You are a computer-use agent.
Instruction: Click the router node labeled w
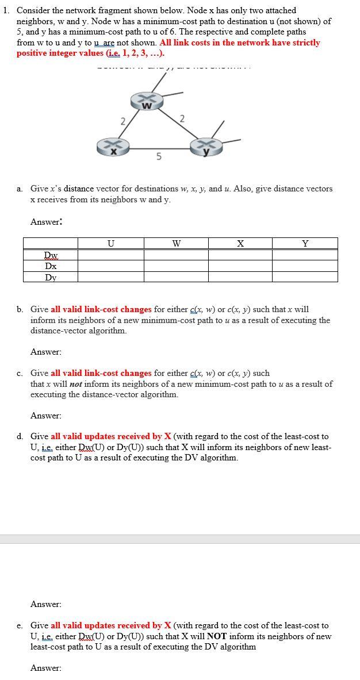(146, 103)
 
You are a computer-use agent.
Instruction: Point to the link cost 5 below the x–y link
(159, 156)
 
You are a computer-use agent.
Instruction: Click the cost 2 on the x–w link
(122, 120)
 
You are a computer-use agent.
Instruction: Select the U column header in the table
(110, 244)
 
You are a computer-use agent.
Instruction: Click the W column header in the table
(176, 244)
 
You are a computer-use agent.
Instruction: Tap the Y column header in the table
(305, 244)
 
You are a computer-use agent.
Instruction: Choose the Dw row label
(51, 255)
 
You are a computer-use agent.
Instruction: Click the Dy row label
(51, 277)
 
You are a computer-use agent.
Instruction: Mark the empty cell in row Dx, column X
(240, 266)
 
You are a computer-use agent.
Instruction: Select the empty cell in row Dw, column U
(110, 255)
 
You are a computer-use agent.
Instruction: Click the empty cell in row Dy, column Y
(305, 277)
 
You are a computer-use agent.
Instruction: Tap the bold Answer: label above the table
(46, 222)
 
